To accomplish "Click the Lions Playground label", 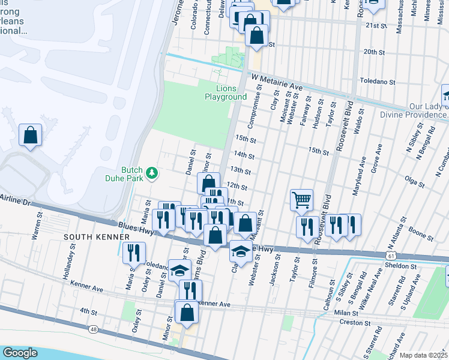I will click(x=226, y=92).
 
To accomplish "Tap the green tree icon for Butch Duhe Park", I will click(x=152, y=173).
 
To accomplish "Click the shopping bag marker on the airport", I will click(x=30, y=135).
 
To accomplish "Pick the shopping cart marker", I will click(x=301, y=200).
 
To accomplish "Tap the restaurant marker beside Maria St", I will click(x=133, y=253).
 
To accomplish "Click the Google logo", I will click(x=20, y=353).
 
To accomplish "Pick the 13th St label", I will click(x=240, y=171).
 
